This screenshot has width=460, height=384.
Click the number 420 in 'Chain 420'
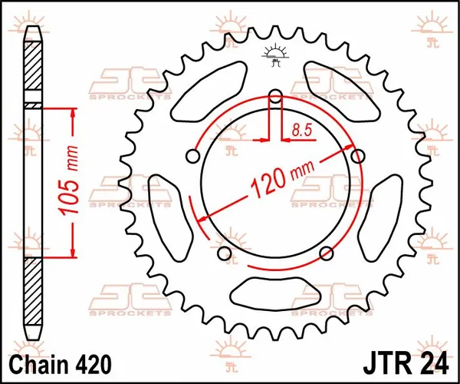coord(94,362)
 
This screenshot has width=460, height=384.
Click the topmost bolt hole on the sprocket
coord(276,96)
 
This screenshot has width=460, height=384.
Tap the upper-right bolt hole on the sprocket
coord(356,156)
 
